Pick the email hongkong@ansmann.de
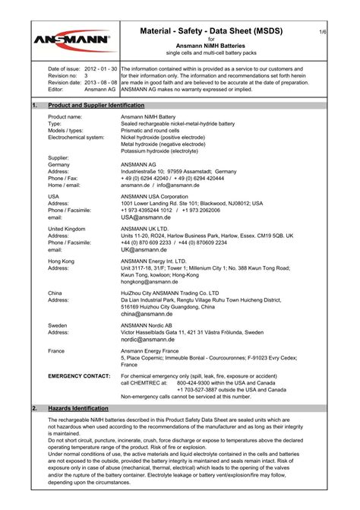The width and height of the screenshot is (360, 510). [x=151, y=281]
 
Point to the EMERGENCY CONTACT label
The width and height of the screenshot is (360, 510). [x=79, y=375]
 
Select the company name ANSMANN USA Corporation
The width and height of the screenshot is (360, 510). [x=159, y=196]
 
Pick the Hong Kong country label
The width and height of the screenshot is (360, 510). [x=62, y=260]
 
